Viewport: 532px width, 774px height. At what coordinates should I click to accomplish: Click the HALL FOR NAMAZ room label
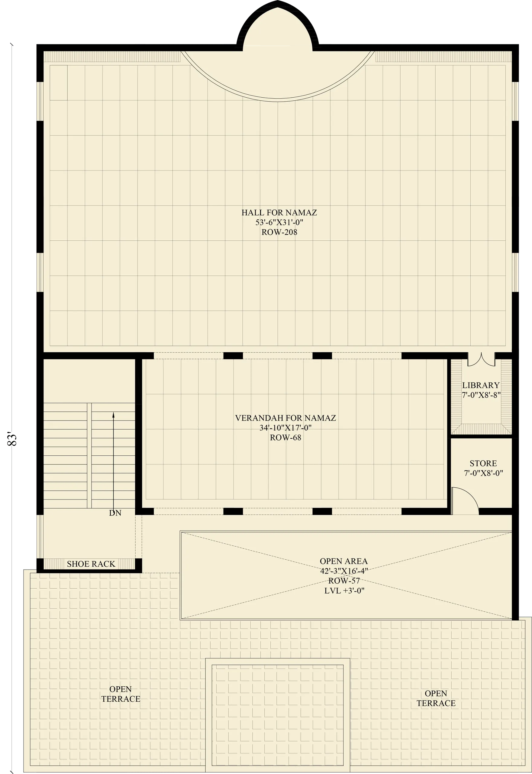click(x=279, y=213)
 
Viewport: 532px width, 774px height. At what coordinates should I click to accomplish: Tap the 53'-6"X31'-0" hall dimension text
click(x=279, y=223)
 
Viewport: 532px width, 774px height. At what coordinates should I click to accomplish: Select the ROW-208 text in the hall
click(x=279, y=232)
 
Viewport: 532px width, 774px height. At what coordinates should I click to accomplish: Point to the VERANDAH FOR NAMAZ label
click(x=286, y=418)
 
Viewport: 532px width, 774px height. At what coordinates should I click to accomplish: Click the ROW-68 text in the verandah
click(x=286, y=438)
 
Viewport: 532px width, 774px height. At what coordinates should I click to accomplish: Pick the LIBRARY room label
click(x=481, y=385)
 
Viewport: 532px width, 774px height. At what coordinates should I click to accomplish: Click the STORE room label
click(x=483, y=463)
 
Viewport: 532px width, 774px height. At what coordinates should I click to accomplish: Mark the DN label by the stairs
click(x=115, y=513)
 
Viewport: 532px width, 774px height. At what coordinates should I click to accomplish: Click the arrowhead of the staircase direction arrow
click(x=113, y=415)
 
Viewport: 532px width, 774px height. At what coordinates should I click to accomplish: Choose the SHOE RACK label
click(x=91, y=564)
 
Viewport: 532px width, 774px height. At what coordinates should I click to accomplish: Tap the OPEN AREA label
click(x=344, y=561)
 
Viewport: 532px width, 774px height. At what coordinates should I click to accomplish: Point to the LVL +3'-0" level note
click(x=344, y=590)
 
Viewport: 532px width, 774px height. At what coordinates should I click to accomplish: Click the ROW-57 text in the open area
click(x=344, y=581)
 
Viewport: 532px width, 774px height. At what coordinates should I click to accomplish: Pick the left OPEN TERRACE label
click(x=121, y=694)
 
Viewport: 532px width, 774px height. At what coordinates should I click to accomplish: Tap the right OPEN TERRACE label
click(x=436, y=698)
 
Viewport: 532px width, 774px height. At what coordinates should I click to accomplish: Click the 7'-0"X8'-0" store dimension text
click(x=483, y=473)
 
